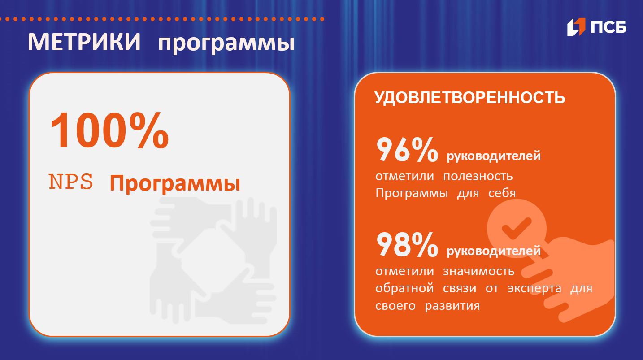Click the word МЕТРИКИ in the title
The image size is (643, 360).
click(84, 43)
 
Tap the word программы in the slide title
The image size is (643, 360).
click(226, 44)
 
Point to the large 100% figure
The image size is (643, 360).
click(109, 130)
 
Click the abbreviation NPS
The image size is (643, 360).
click(71, 182)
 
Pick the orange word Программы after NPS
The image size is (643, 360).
click(175, 184)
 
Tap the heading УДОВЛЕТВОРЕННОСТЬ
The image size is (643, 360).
click(469, 97)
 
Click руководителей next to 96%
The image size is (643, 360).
click(494, 156)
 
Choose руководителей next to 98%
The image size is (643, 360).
click(494, 251)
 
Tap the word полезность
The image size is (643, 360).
click(478, 176)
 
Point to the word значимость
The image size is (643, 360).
click(478, 271)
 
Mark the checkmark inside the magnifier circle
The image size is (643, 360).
click(516, 228)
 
